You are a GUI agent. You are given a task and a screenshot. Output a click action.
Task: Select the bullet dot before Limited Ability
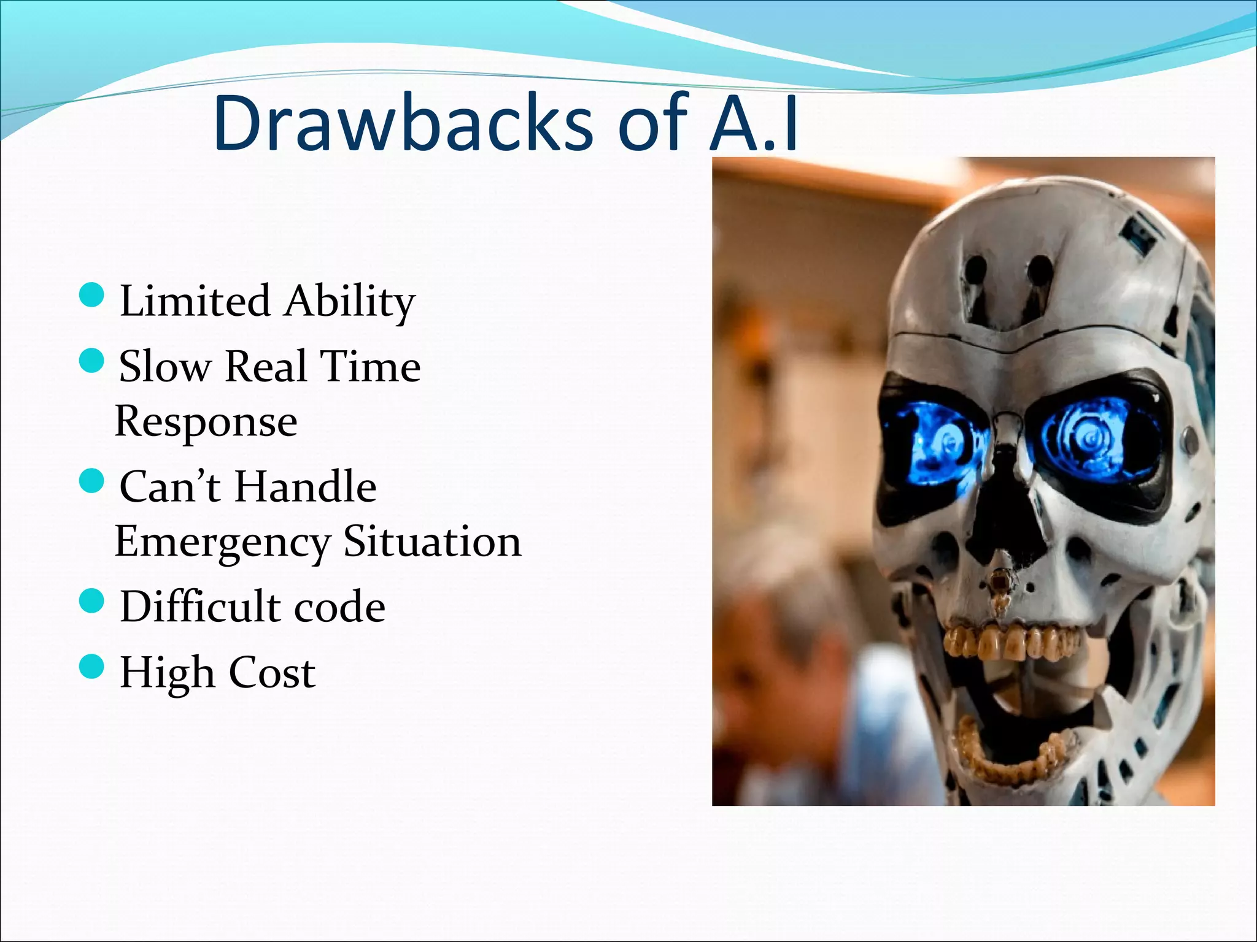point(92,295)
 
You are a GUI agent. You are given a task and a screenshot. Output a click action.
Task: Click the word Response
point(206,422)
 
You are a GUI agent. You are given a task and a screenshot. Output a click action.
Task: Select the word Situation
point(432,542)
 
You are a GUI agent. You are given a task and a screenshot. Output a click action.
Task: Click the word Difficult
point(199,607)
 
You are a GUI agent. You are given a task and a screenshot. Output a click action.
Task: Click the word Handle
point(306,487)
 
